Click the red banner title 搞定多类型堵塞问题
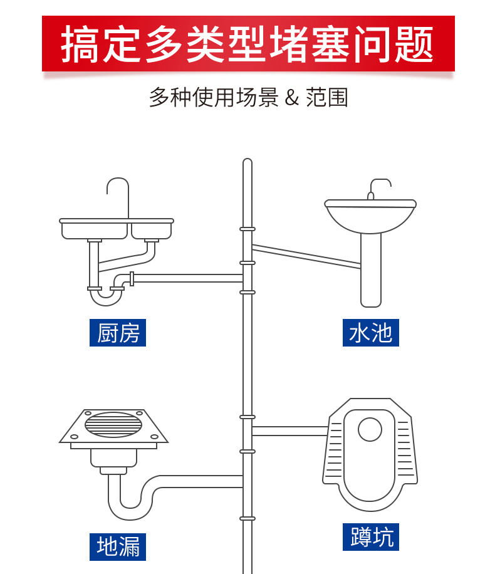pos(247,44)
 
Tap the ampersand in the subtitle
pos(291,98)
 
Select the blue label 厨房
pos(117,333)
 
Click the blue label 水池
pos(371,333)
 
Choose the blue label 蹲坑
pos(371,537)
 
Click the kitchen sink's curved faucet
pos(118,188)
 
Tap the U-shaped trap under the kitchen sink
pos(106,297)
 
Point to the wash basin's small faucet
pos(378,187)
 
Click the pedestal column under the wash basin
pos(371,269)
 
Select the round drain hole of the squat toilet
pos(370,429)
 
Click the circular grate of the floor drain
pos(113,424)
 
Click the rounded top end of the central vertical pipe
pos(247,163)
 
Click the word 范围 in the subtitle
pos(327,98)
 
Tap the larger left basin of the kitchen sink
pos(95,231)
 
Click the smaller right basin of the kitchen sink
pos(151,231)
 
